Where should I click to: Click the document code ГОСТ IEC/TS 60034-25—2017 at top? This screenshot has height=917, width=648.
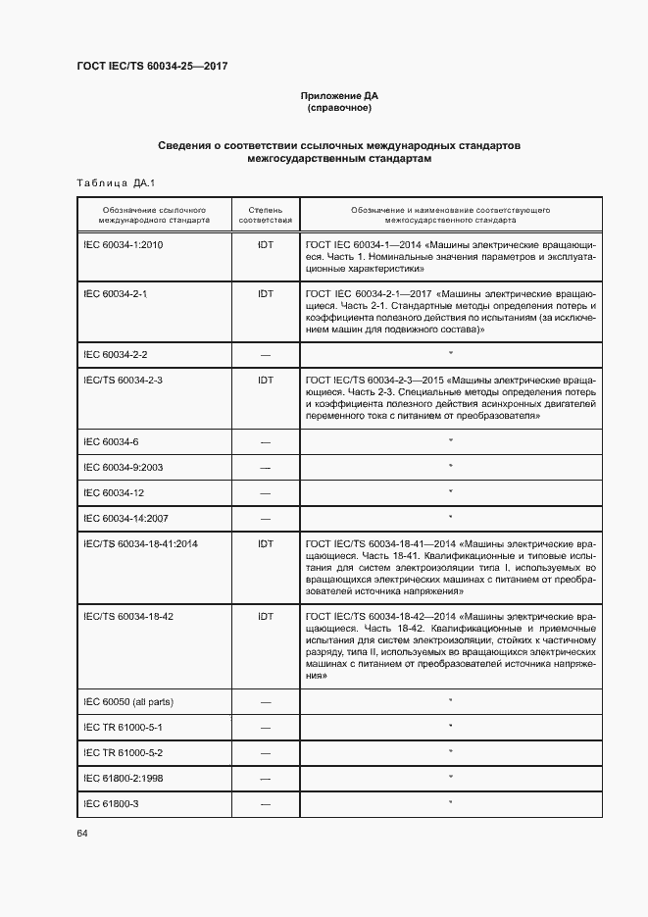152,66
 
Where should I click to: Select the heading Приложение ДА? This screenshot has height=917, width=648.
338,96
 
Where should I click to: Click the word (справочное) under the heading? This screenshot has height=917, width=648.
338,108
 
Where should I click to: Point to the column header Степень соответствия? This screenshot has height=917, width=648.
265,216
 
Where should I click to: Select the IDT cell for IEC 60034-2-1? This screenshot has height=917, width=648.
265,294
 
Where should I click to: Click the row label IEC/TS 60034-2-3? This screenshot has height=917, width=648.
124,379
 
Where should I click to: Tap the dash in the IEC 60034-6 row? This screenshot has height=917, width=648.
265,443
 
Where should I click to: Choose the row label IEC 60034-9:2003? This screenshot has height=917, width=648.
123,467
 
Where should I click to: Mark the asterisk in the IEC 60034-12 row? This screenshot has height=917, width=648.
450,492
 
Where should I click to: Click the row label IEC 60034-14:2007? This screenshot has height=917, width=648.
125,517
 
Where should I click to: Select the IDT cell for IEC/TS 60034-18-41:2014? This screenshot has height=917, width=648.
265,542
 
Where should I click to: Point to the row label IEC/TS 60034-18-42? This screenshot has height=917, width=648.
128,616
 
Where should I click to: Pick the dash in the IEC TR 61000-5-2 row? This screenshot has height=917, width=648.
265,753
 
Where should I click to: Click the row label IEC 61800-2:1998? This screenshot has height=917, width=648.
124,778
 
